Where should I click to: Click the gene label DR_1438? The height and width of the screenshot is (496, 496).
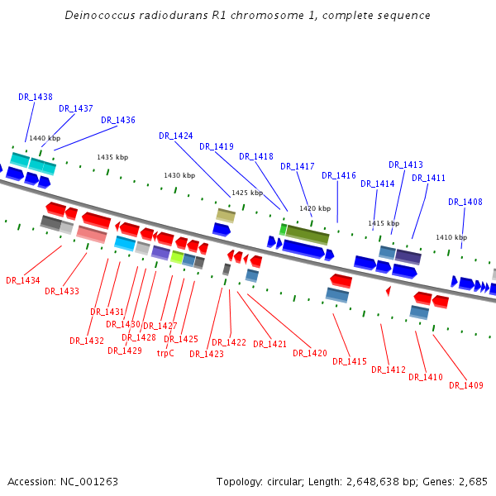36,97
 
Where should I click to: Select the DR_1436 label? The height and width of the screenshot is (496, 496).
118,120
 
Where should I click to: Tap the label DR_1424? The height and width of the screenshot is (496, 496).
176,136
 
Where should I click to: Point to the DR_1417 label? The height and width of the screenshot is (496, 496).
298,166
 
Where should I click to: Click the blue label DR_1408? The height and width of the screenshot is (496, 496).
465,202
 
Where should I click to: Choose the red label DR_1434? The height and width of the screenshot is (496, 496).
23,280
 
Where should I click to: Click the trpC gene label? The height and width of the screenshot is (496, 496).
166,353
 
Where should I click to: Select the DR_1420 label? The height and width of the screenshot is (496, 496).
310,353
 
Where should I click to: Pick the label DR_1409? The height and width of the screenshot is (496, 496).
472,385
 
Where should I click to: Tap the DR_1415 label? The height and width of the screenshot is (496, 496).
350,361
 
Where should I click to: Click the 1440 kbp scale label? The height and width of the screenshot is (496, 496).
45,139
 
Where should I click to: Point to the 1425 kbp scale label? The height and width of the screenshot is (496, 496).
247,193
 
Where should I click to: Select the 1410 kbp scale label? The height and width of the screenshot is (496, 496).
451,237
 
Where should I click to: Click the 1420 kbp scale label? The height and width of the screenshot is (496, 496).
315,208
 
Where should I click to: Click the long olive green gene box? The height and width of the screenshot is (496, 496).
308,235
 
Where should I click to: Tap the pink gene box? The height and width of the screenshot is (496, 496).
92,235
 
